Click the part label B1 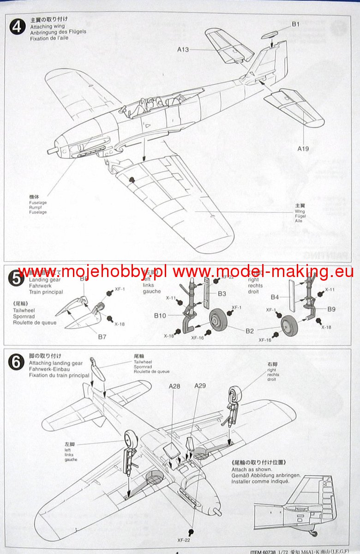(x=295, y=24)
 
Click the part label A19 (x=303, y=149)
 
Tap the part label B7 (x=102, y=337)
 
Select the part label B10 (x=160, y=316)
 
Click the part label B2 (x=249, y=331)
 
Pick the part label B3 (x=222, y=294)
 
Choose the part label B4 (x=275, y=297)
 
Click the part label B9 (x=331, y=310)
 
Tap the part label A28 (x=174, y=385)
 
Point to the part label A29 (x=200, y=385)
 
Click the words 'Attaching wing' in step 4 (x=45, y=26)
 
